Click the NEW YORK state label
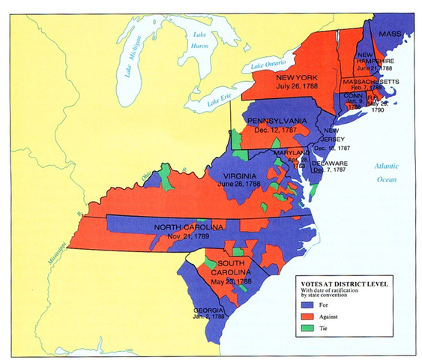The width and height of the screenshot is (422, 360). point(300,78)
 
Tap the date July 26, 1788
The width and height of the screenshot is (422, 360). point(301,88)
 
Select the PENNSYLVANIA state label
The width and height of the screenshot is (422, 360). point(278,121)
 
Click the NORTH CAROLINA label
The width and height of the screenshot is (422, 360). point(187,226)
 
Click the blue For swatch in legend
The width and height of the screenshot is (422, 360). point(305,306)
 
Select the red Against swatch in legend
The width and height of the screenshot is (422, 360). point(305,318)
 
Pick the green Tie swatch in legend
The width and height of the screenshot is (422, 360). point(305,330)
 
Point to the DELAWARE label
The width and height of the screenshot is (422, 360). point(331,163)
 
